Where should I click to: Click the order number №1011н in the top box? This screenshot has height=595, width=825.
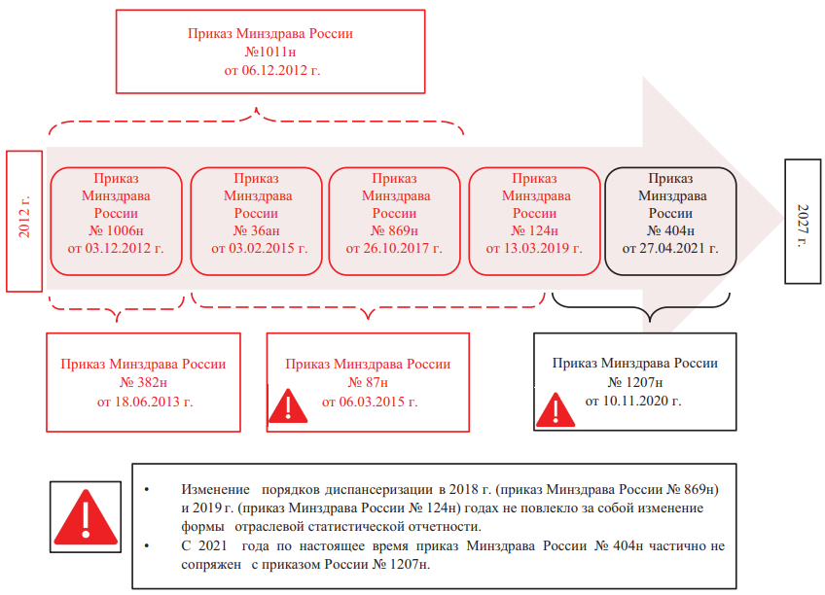pos(270,52)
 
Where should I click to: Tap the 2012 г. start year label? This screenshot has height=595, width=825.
pos(24,217)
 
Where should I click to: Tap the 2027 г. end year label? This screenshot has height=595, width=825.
pos(803,226)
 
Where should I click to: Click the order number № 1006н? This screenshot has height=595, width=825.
pos(117,230)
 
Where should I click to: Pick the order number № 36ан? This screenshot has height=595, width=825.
pos(256,230)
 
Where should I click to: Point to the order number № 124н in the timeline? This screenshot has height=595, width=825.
pos(534,230)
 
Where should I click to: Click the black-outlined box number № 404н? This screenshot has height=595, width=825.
pos(671,230)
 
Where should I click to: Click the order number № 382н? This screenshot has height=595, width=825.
pos(143,383)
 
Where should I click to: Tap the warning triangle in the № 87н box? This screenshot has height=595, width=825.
pos(288,406)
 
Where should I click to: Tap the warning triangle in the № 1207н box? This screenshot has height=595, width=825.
pos(556,409)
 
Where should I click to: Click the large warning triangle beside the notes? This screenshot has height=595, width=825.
pos(86,517)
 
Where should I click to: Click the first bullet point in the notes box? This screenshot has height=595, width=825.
pos(147,490)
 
